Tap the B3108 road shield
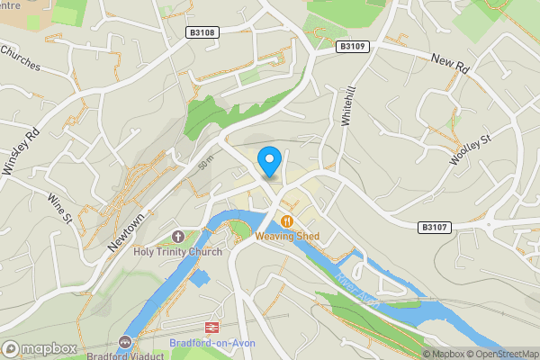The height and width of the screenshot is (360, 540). (202, 32)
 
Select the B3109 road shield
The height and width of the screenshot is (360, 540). (354, 46)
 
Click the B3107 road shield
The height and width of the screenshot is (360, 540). (435, 229)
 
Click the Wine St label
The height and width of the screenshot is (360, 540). (59, 207)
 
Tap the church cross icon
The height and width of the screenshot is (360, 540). (178, 237)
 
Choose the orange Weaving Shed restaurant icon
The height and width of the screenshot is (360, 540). (287, 221)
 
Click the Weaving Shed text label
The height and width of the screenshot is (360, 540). (287, 237)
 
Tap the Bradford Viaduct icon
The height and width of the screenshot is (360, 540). (125, 342)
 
